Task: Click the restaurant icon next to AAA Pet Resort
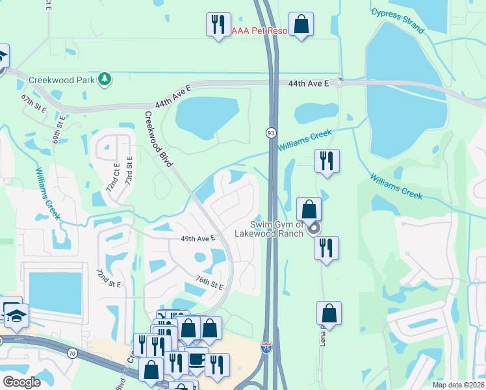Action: pyautogui.click(x=218, y=25)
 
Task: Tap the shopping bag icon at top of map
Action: pyautogui.click(x=301, y=25)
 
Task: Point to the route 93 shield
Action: pyautogui.click(x=270, y=133)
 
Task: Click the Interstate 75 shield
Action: pyautogui.click(x=266, y=347)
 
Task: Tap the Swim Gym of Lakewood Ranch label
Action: pyautogui.click(x=268, y=229)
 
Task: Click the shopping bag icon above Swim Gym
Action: pyautogui.click(x=309, y=209)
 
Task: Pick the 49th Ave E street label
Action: pyautogui.click(x=198, y=239)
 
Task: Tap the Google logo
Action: pyautogui.click(x=21, y=382)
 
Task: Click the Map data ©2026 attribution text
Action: pyautogui.click(x=458, y=385)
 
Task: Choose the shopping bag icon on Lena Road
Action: pyautogui.click(x=329, y=313)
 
